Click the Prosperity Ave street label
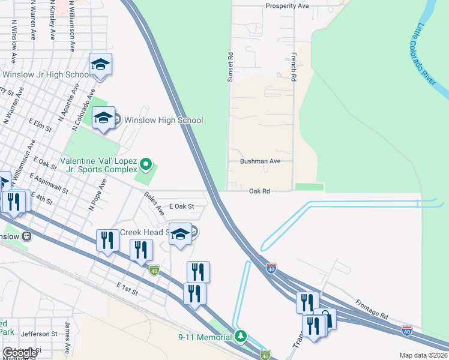(287, 6)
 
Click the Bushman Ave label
(260, 161)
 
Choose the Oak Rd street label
(260, 191)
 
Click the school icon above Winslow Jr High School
(100, 65)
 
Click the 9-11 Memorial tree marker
(241, 336)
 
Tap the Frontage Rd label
(372, 308)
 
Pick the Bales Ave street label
(154, 203)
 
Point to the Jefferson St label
(39, 334)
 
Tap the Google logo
(20, 352)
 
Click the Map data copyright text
(423, 355)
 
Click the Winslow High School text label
(163, 120)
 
